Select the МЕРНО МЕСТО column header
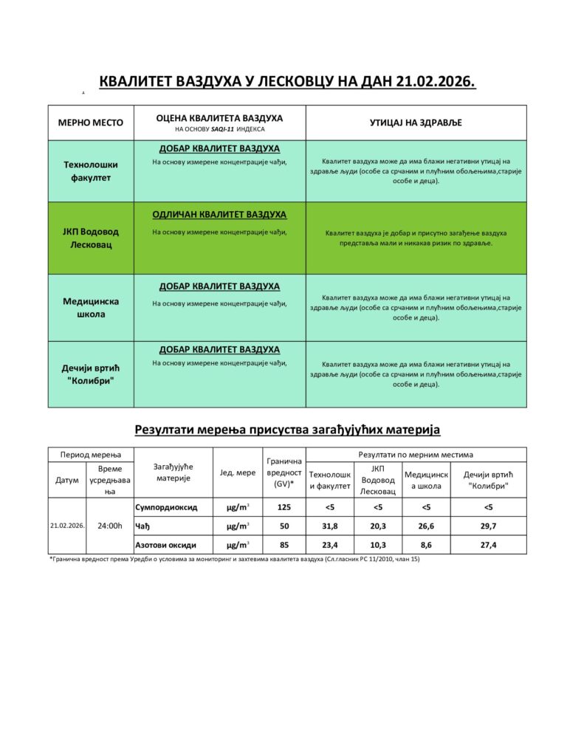[91, 123]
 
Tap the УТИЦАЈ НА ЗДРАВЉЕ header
[416, 123]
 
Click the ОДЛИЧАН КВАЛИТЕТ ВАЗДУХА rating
[219, 214]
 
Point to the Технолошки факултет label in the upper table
[91, 171]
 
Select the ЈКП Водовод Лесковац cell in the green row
[91, 238]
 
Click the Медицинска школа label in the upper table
[91, 307]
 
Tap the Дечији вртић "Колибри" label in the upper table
[91, 374]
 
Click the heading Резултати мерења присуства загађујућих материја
[287, 429]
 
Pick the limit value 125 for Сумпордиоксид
[284, 507]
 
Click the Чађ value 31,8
[330, 526]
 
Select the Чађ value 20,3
[378, 526]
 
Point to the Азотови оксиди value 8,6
[426, 545]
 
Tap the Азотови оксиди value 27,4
[488, 545]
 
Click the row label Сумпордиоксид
[166, 507]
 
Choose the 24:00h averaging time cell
[110, 526]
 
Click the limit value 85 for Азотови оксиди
[284, 545]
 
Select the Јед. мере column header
[238, 472]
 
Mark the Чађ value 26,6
[426, 526]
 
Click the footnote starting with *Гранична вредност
[234, 560]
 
